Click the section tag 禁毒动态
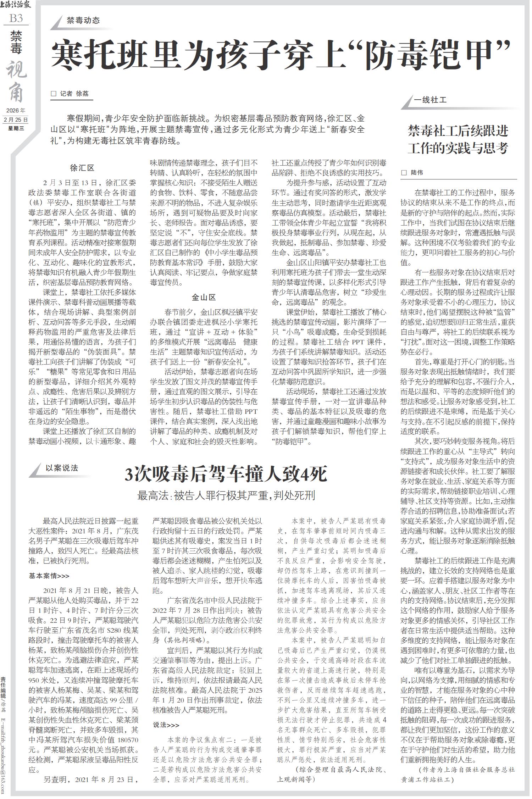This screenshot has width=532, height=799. [x=83, y=20]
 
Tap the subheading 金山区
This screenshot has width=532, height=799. [x=204, y=297]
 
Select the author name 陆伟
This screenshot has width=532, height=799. [x=417, y=173]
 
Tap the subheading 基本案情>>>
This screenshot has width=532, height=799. [x=49, y=576]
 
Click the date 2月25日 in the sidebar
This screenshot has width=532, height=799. [x=16, y=120]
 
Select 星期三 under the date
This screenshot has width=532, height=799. [x=16, y=128]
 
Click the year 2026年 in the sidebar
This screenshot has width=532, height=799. [x=16, y=111]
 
